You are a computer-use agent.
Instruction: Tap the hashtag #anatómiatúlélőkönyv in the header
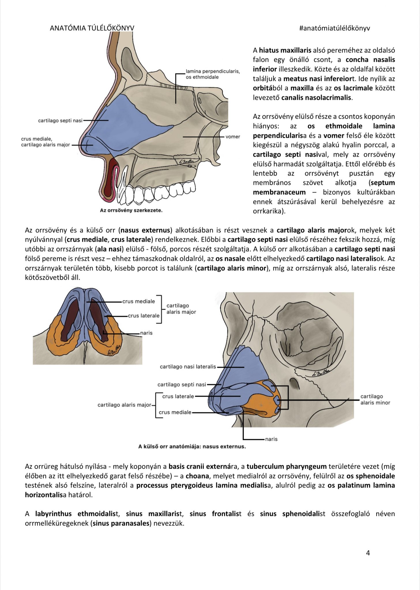[334, 28]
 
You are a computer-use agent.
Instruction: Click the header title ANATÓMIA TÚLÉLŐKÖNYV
[92, 28]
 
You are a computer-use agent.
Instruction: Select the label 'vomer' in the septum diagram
[233, 137]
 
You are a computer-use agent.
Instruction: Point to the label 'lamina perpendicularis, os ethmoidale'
[212, 74]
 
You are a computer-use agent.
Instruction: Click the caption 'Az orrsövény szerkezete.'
[131, 210]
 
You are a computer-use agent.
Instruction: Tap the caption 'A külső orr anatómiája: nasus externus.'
[192, 447]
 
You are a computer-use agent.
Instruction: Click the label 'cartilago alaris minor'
[375, 400]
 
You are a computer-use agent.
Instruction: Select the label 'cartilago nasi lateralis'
[188, 367]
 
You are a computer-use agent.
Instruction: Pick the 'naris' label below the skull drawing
[271, 439]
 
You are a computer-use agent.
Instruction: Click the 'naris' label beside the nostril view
[146, 333]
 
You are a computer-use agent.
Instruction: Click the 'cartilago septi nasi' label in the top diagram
[60, 120]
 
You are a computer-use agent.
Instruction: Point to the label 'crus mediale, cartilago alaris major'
[45, 142]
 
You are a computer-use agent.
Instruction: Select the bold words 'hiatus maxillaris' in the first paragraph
[285, 50]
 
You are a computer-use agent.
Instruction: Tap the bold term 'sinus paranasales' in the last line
[121, 523]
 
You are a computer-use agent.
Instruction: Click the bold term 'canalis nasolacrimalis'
[316, 97]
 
